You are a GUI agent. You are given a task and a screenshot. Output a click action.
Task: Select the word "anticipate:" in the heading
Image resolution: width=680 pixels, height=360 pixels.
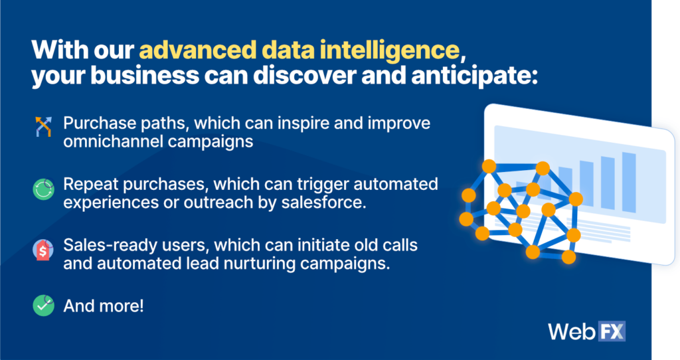tap(474, 76)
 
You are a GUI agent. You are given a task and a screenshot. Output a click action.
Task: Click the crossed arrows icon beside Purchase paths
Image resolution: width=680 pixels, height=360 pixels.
tap(43, 127)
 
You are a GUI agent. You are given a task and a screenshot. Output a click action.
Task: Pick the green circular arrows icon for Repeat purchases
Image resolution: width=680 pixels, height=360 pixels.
tap(43, 189)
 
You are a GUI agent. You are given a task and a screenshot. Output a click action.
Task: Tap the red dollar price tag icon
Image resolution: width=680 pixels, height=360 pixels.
tap(43, 250)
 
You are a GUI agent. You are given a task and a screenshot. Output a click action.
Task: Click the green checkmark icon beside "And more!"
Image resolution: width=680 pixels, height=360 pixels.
tap(43, 306)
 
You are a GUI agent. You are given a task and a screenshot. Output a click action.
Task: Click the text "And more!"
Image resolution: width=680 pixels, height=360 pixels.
tap(104, 306)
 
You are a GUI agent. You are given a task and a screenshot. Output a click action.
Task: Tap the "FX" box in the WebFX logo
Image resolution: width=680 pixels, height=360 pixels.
tap(612, 331)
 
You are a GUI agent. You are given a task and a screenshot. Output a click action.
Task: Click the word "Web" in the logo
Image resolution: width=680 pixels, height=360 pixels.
tap(572, 332)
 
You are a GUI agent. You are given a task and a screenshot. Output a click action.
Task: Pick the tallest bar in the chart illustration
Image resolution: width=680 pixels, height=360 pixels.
tap(629, 182)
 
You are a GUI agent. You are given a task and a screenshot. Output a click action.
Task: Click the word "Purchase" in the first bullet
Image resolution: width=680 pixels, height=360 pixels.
tap(100, 123)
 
